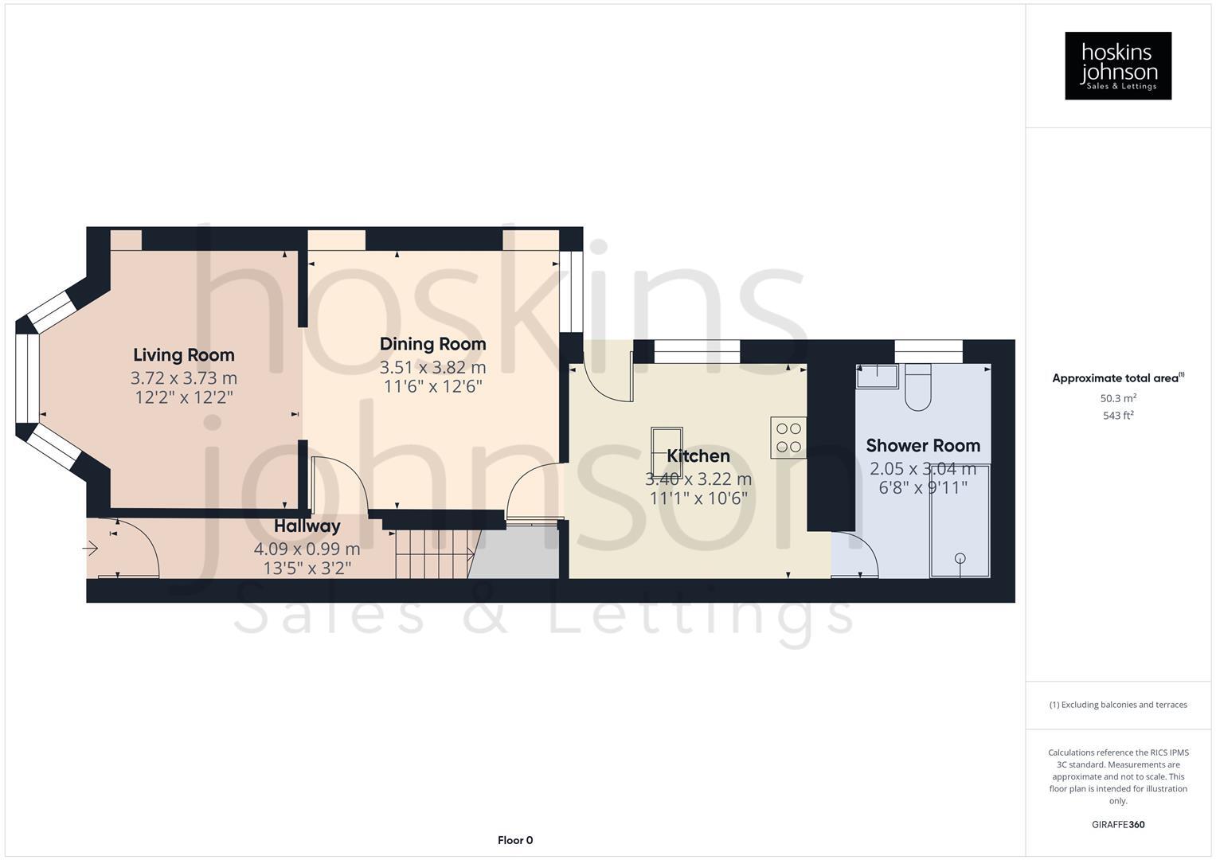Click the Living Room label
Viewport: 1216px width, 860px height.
[183, 355]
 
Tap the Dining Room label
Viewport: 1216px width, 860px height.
[432, 344]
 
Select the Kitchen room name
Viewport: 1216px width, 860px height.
[698, 456]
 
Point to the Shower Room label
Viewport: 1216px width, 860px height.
[923, 446]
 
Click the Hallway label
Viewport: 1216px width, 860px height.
[307, 526]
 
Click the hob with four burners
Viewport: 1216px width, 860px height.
[788, 437]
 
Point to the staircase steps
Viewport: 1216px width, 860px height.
[430, 554]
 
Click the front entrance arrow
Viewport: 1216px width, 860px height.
[90, 549]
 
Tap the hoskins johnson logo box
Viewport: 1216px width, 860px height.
[1118, 66]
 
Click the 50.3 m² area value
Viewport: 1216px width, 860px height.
[1118, 397]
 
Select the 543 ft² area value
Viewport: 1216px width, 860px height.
[1118, 416]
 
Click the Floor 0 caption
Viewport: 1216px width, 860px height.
[515, 840]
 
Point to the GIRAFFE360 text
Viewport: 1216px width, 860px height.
[1118, 825]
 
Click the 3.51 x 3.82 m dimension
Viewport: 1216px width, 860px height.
[432, 367]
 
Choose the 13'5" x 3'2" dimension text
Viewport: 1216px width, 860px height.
[307, 568]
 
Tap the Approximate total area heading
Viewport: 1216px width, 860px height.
[1117, 378]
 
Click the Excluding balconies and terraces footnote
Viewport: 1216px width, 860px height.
[1118, 705]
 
